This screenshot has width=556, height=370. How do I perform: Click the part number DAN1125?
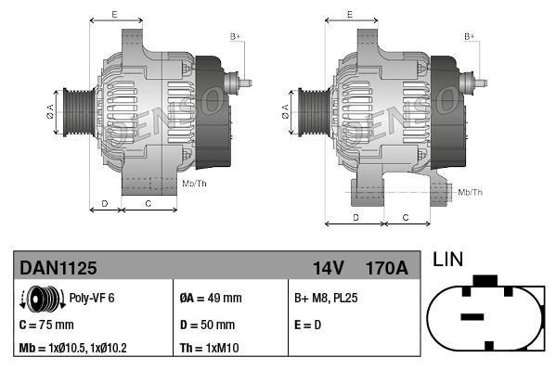click(x=58, y=268)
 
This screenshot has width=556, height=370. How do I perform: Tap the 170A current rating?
click(x=387, y=268)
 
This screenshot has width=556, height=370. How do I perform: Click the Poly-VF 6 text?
click(x=93, y=299)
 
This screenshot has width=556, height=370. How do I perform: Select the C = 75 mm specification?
click(x=46, y=325)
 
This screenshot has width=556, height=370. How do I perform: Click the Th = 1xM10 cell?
click(x=210, y=349)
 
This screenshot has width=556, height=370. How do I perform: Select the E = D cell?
click(x=309, y=325)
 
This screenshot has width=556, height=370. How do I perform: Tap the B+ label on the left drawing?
click(x=235, y=36)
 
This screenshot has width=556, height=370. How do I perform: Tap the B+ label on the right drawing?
click(x=470, y=36)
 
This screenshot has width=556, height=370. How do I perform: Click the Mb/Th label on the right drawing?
click(x=470, y=192)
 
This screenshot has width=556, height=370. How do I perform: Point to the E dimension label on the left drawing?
click(x=114, y=14)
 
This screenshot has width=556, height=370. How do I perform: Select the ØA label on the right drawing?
click(x=286, y=111)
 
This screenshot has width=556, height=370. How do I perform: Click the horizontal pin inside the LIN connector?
click(x=472, y=317)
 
